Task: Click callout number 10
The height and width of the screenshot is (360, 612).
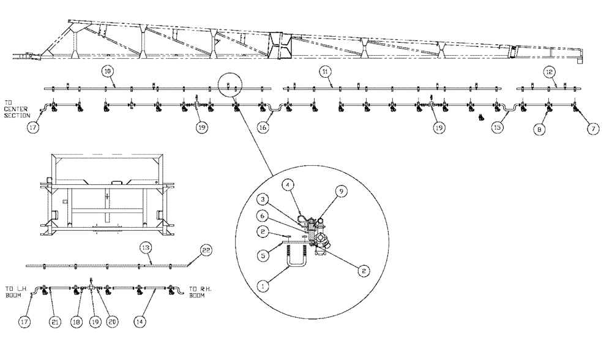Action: tap(107, 72)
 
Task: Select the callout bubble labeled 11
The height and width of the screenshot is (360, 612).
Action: tap(326, 72)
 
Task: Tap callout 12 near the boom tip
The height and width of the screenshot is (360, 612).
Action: tap(549, 72)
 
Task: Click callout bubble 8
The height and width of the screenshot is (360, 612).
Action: tap(539, 130)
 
